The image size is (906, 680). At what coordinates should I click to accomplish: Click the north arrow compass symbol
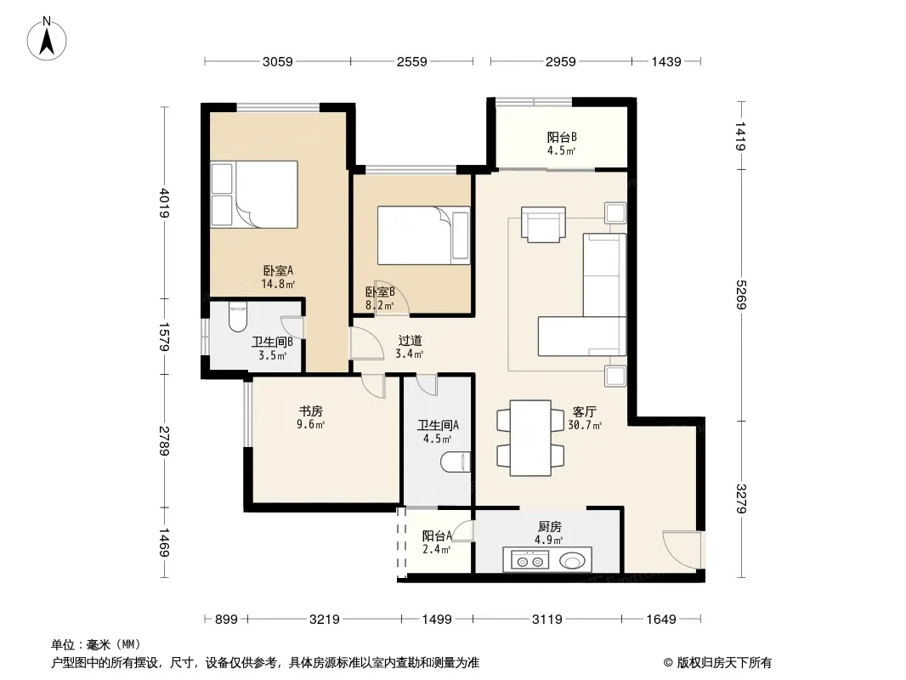[x=47, y=39]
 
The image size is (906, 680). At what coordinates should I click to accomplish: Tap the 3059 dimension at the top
[x=277, y=62]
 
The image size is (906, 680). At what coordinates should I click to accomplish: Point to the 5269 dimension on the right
[x=741, y=294]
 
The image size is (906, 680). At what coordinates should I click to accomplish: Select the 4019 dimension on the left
[x=165, y=203]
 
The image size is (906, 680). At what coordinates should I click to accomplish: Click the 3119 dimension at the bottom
[x=546, y=620]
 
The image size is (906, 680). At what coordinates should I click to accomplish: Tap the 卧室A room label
[x=278, y=270]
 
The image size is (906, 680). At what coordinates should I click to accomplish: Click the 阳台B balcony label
[x=562, y=138]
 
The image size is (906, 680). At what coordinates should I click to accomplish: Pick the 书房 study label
[x=311, y=411]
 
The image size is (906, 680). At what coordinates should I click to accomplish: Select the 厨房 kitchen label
[x=550, y=527]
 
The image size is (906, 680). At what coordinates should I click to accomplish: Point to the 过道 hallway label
[x=410, y=341]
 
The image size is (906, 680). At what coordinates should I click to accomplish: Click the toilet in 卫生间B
[x=237, y=316]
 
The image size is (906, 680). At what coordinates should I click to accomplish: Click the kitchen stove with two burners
[x=526, y=560]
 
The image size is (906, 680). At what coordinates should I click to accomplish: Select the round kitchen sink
[x=573, y=560]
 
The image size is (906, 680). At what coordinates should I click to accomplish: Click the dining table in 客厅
[x=530, y=438]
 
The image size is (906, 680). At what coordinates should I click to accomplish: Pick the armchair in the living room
[x=543, y=224]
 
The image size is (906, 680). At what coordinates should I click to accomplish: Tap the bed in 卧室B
[x=423, y=235]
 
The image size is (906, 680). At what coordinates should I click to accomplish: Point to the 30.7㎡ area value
[x=585, y=426]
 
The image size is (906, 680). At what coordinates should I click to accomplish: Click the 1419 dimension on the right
[x=741, y=136]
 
